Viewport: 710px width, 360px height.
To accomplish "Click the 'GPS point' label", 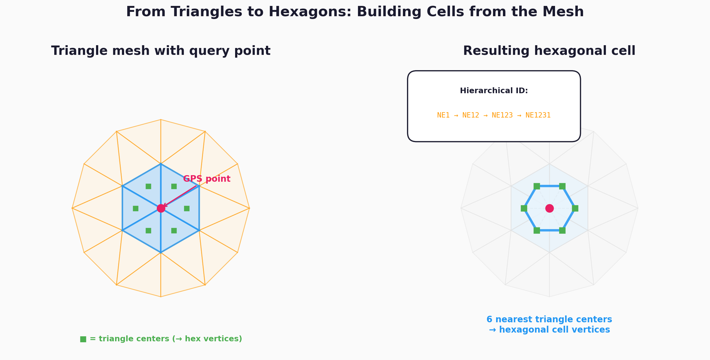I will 207,179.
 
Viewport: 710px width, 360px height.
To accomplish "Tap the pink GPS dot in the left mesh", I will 161,208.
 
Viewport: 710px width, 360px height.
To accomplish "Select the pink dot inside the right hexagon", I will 549,208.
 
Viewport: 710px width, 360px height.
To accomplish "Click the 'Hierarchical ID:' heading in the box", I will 494,91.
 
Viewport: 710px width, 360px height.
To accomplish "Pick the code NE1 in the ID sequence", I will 443,115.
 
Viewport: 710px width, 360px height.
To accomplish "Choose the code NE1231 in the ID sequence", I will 538,115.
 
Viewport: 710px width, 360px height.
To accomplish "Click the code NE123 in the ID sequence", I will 502,115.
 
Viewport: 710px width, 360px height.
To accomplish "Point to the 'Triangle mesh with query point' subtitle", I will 161,51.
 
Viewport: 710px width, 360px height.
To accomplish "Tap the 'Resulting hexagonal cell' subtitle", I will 549,51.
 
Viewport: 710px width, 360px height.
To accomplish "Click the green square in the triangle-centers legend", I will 83,339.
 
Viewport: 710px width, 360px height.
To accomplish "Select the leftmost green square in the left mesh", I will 136,208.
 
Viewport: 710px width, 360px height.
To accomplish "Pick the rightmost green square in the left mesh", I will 187,208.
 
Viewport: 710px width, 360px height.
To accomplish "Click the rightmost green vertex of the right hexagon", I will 575,208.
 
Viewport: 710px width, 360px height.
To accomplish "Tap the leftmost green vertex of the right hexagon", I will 524,208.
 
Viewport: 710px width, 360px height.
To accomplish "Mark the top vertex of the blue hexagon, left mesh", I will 161,164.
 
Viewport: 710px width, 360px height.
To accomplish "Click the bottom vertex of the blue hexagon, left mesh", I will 161,252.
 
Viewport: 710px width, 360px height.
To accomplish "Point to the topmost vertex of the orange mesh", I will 161,119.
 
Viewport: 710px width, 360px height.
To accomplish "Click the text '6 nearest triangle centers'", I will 549,319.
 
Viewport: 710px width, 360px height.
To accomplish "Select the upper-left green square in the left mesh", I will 148,186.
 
